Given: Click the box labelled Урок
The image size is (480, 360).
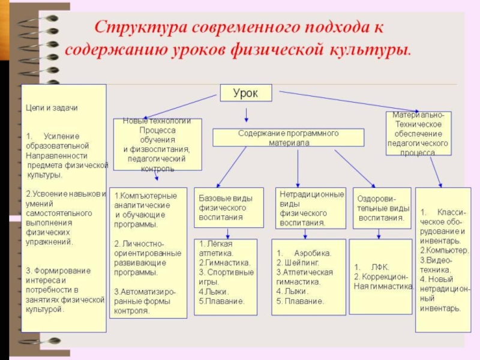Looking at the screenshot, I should (x=246, y=92).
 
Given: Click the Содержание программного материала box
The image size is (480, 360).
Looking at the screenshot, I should (x=288, y=137).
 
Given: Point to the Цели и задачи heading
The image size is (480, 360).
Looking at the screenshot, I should (x=52, y=107).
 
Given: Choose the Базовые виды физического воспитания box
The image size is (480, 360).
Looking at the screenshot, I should (x=228, y=208).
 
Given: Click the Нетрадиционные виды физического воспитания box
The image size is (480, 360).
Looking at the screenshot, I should (x=311, y=208).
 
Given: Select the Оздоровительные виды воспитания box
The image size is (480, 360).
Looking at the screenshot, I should (x=382, y=208).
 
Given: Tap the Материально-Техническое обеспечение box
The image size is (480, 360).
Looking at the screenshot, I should (x=418, y=133).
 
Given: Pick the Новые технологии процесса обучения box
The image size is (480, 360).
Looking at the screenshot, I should (x=157, y=144).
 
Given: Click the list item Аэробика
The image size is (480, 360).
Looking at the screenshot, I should (x=312, y=253).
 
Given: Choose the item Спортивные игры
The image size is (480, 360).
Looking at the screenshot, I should (x=227, y=277).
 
